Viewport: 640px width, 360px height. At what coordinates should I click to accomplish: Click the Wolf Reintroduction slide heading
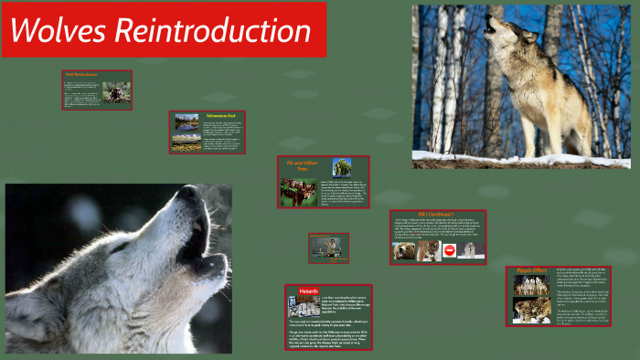point(81,75)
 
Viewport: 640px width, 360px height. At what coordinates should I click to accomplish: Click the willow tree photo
point(341,166)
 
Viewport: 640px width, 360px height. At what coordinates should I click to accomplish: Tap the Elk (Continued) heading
point(437,215)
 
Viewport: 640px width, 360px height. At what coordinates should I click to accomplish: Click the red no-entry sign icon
point(449,249)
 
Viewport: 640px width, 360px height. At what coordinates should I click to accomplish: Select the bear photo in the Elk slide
point(405,249)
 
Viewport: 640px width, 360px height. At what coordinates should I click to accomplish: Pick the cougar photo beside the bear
point(427,249)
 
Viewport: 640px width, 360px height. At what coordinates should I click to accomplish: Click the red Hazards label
point(309,291)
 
